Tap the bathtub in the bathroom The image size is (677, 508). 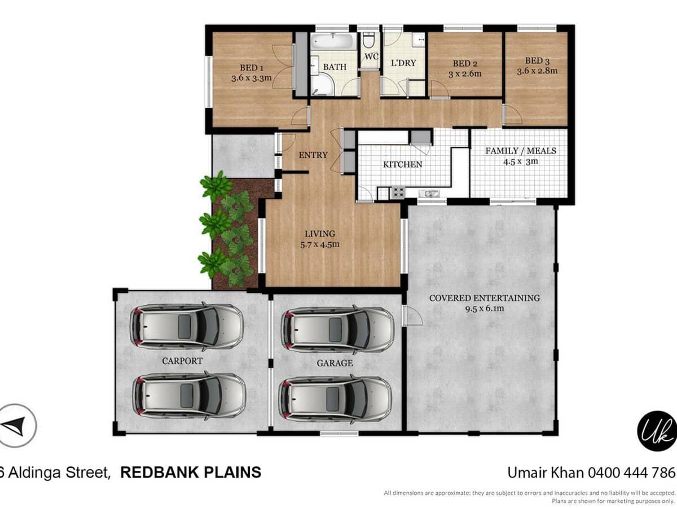coord(333,42)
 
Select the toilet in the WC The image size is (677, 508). coord(368,41)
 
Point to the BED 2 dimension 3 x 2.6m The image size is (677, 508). coord(464,74)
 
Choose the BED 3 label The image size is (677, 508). coord(537,61)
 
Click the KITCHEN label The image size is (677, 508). coord(402,164)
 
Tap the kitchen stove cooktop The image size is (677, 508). coord(398,192)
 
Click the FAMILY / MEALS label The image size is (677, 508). coord(521,151)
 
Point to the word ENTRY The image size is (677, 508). coord(313,155)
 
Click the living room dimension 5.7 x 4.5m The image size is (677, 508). coord(320,244)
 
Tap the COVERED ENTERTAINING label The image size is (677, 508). coord(484,298)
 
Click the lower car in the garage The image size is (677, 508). coord(335,398)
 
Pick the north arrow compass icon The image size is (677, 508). coord(17,425)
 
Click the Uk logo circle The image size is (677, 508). coord(657,430)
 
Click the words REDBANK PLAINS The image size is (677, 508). coord(191,472)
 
